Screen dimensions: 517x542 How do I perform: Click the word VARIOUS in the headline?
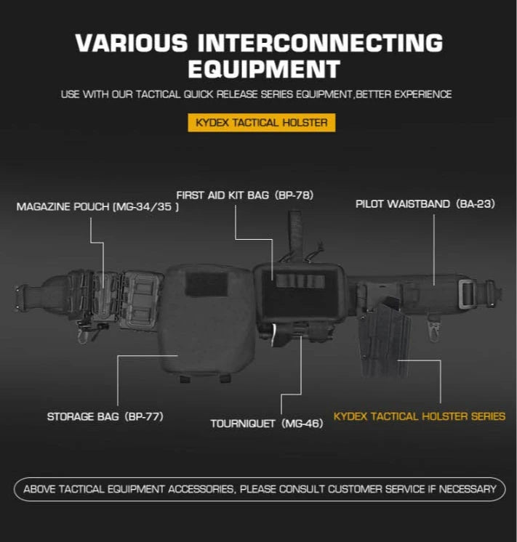[x=132, y=43]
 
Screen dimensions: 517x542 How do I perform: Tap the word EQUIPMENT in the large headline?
[x=265, y=69]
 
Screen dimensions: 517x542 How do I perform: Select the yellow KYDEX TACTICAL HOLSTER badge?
[x=262, y=122]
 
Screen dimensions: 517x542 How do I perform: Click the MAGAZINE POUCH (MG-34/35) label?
[x=97, y=207]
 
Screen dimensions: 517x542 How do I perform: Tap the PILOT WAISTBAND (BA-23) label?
[x=425, y=204]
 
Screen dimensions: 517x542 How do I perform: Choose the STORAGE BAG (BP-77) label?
[x=105, y=416]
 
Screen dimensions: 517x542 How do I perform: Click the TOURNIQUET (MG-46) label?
[x=267, y=424]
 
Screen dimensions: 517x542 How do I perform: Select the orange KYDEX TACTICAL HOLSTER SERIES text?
[x=420, y=416]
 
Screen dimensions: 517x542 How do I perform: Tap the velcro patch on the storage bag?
[x=207, y=284]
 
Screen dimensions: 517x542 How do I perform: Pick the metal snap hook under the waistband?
[x=433, y=329]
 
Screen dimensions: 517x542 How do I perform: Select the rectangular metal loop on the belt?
[x=467, y=294]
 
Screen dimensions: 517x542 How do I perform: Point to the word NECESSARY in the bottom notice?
[x=467, y=489]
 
